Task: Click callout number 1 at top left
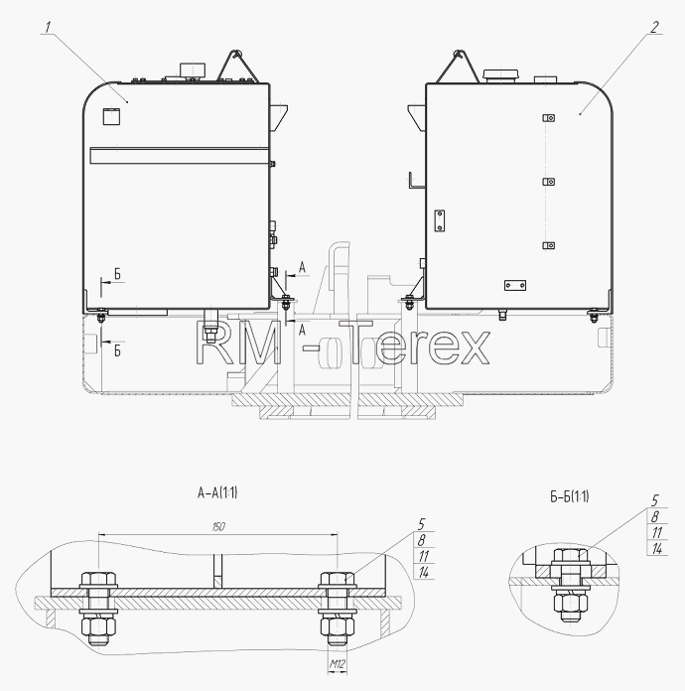(x=48, y=28)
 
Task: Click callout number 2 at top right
(x=654, y=27)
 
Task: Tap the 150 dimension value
(x=218, y=526)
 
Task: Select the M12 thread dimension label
(x=337, y=663)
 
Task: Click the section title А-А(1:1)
(x=217, y=492)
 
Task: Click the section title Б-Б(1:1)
(x=570, y=496)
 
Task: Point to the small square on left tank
(x=111, y=116)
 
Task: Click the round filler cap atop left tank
(x=193, y=69)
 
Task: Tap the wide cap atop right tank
(x=500, y=74)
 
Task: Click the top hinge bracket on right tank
(x=548, y=118)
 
